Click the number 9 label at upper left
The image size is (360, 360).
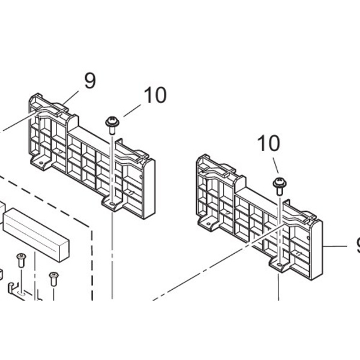[x=90, y=80]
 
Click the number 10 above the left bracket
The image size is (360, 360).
[x=155, y=95]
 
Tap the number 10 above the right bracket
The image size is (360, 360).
[x=269, y=143]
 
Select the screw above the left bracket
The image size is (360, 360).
[x=112, y=125]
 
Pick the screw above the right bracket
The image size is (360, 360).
[x=280, y=186]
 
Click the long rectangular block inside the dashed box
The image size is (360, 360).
[x=36, y=235]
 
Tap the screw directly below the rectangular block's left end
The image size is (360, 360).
[x=21, y=260]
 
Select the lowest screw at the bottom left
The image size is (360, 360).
[x=54, y=279]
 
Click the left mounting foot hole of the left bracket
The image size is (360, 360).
[x=41, y=163]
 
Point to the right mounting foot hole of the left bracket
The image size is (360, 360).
[x=112, y=204]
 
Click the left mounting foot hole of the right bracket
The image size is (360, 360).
[x=208, y=224]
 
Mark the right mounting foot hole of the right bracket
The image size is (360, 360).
[x=279, y=265]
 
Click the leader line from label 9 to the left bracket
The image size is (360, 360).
[x=70, y=98]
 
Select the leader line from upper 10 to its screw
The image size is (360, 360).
[x=132, y=110]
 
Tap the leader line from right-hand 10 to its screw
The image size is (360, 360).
[x=275, y=166]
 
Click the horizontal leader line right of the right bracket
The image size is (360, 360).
[x=335, y=247]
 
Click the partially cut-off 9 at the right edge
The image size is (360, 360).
[x=358, y=245]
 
